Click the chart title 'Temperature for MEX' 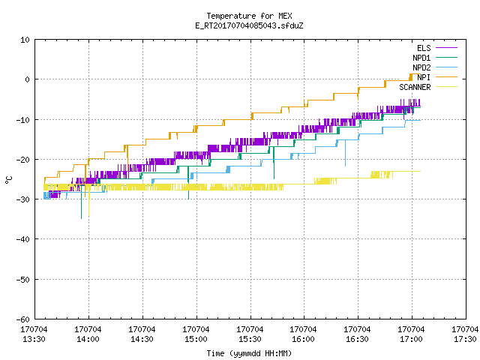(249, 16)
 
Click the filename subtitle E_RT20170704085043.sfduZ (249, 25)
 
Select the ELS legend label (424, 48)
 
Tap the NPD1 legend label (421, 58)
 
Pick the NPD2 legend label (421, 67)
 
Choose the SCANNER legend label (415, 87)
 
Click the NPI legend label (424, 77)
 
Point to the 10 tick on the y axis (25, 40)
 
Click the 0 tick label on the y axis (27, 79)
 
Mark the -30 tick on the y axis (23, 199)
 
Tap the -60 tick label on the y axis (23, 319)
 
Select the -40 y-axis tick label (23, 239)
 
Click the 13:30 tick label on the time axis (34, 339)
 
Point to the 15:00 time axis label (196, 339)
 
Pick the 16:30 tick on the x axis (357, 339)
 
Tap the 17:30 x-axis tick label (465, 339)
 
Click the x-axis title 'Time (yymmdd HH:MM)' (249, 353)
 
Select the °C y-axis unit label (8, 180)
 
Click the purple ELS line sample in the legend (447, 48)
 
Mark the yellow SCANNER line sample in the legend (447, 87)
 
